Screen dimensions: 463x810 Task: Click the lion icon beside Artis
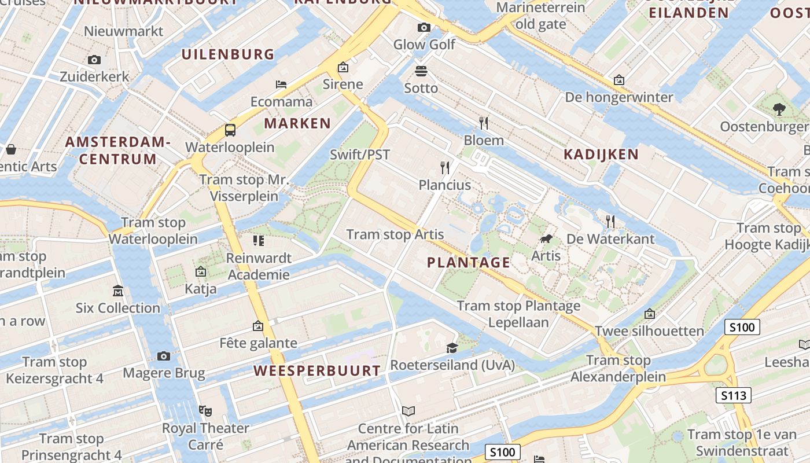click(546, 238)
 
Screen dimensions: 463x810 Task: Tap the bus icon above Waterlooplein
click(230, 130)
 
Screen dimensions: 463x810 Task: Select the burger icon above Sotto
click(421, 71)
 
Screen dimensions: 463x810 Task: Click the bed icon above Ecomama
click(281, 84)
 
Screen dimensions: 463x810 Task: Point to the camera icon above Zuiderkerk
click(94, 60)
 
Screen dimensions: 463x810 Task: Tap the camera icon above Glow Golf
click(424, 27)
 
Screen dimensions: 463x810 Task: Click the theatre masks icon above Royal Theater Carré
click(204, 410)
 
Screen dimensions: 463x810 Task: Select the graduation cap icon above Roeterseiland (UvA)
click(452, 347)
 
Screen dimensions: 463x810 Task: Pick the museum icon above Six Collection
click(118, 291)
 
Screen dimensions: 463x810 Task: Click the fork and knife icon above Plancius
click(445, 168)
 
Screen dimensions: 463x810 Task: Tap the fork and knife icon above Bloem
click(484, 123)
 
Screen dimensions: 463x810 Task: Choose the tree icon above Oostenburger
click(779, 109)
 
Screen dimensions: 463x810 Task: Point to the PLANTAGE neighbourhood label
click(469, 263)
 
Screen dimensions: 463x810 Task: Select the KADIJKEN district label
click(601, 155)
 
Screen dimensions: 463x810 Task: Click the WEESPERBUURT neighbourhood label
click(317, 371)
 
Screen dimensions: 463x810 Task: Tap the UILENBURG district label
click(228, 55)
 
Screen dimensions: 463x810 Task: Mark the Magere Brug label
click(164, 373)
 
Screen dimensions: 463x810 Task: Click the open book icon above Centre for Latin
click(408, 411)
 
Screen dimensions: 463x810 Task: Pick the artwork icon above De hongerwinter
click(619, 79)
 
